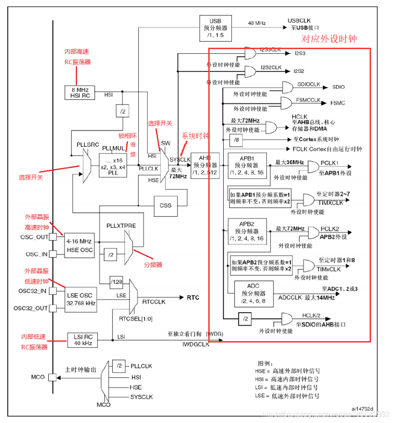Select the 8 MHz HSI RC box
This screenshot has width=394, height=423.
(79, 92)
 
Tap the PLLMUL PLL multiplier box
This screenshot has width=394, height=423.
(113, 164)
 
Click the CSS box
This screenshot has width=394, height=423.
(165, 205)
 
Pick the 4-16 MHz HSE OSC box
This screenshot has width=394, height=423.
(79, 246)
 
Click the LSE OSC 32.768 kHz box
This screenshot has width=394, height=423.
(81, 299)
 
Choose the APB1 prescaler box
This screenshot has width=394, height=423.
(247, 165)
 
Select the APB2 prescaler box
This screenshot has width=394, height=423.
(247, 231)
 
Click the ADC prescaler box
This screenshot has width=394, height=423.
(253, 293)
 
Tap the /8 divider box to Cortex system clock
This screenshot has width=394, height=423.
(236, 139)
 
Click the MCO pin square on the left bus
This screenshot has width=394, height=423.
(53, 377)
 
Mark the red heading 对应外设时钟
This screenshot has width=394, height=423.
(328, 39)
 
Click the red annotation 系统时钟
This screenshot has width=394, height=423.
(195, 136)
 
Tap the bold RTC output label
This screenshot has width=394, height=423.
(193, 298)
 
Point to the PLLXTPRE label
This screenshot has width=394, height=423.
(121, 226)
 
